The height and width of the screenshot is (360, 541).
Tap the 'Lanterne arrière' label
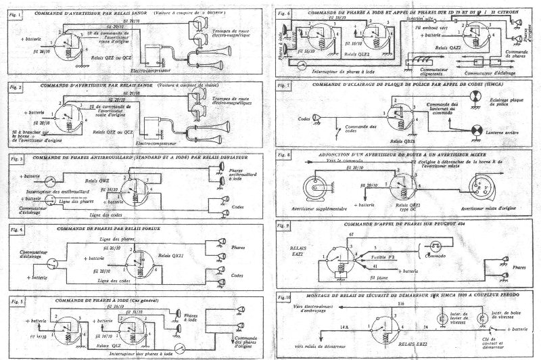tap(502, 133)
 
